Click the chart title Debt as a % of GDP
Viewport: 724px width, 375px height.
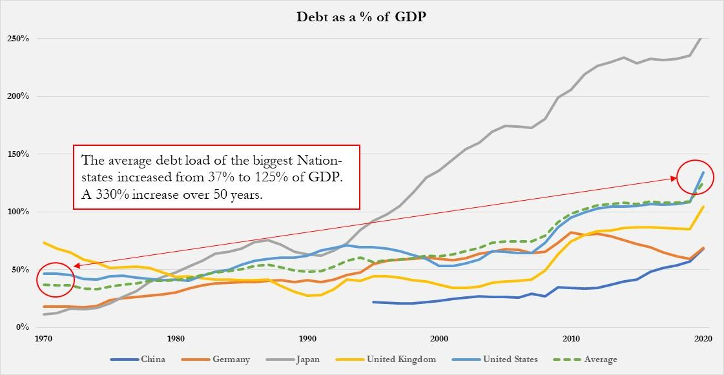click(x=362, y=16)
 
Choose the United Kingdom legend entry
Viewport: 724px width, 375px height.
click(x=401, y=359)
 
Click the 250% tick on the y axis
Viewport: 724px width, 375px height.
click(x=18, y=39)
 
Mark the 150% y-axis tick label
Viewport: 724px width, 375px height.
click(x=18, y=154)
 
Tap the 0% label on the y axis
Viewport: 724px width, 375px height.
click(x=23, y=327)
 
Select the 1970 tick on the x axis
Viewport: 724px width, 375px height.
click(x=44, y=338)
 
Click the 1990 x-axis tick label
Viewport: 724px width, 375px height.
click(x=307, y=338)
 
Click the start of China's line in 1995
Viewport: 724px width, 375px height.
click(x=373, y=301)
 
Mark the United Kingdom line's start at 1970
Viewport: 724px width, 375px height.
click(x=44, y=243)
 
